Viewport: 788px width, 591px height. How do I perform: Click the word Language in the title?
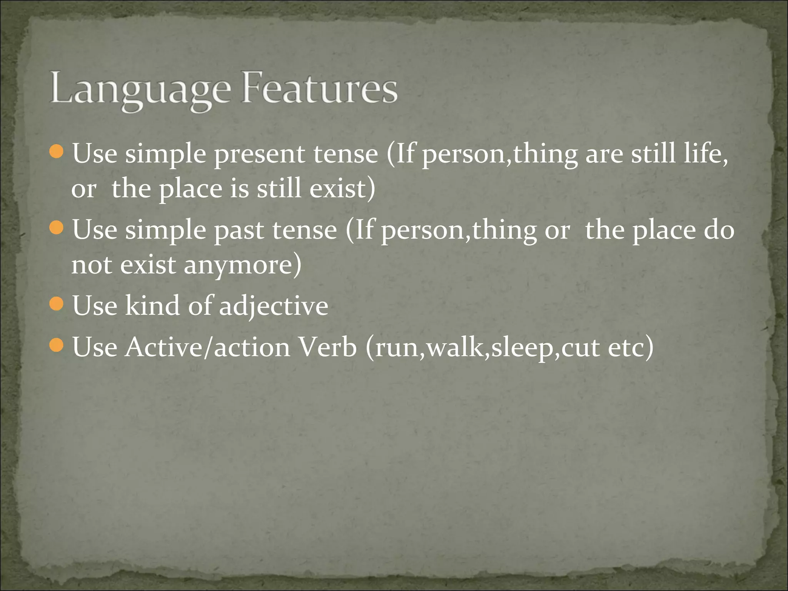pyautogui.click(x=140, y=89)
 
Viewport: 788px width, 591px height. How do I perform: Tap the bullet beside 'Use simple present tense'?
pyautogui.click(x=57, y=152)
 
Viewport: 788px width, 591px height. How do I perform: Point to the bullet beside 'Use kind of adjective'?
pyautogui.click(x=57, y=304)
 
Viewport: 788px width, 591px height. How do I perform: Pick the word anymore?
pyautogui.click(x=242, y=265)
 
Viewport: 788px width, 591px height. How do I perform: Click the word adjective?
pyautogui.click(x=274, y=307)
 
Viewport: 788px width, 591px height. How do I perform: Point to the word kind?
pyautogui.click(x=152, y=306)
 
